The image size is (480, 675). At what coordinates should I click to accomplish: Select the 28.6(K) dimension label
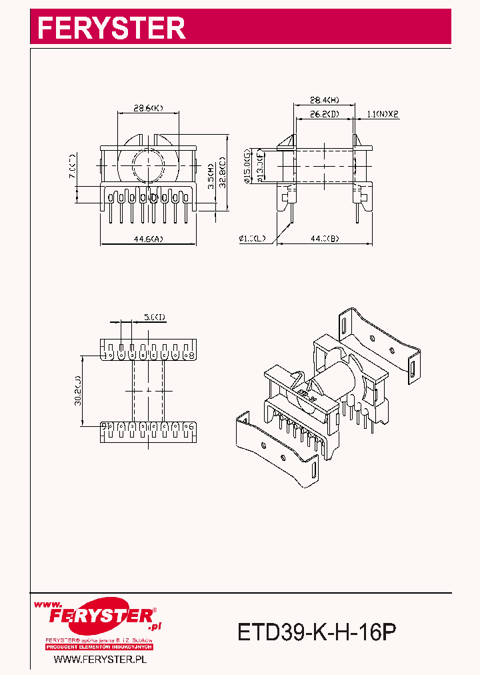tap(148, 107)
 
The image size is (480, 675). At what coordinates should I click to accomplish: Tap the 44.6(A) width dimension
tap(148, 239)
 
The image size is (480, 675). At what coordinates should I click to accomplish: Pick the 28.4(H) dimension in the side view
tap(325, 100)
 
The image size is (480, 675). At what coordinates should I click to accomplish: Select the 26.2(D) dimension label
tap(325, 114)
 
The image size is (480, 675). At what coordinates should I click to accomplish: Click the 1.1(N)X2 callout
tap(383, 114)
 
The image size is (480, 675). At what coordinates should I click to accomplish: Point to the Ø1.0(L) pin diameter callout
tap(253, 238)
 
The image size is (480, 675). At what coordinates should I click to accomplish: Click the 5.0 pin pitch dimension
tap(154, 317)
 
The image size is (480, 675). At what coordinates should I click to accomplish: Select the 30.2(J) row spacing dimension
tap(77, 390)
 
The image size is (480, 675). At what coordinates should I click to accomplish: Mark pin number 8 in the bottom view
tap(192, 355)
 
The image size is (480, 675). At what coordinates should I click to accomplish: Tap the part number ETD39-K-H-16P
tap(317, 631)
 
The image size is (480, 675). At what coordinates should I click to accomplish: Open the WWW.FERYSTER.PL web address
tap(100, 659)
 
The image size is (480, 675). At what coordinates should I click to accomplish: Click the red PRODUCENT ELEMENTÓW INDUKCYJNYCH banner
tap(100, 647)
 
